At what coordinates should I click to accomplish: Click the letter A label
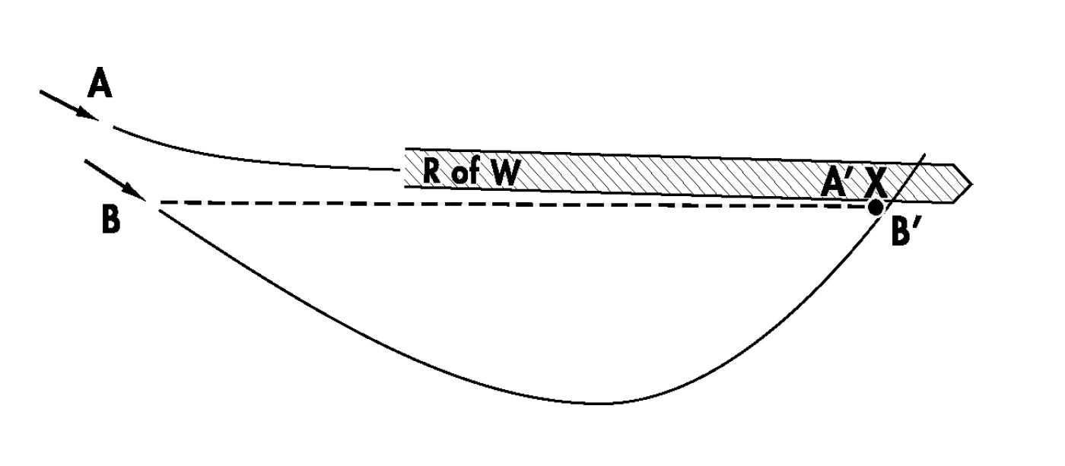tap(100, 84)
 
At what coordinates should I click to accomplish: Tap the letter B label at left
tap(110, 221)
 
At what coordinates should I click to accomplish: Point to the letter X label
tap(876, 183)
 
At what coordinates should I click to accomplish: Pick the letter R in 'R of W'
tap(432, 173)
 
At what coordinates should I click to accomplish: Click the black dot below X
tap(876, 206)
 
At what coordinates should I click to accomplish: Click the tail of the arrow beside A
tap(41, 92)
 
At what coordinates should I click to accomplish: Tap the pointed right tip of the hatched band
tap(971, 183)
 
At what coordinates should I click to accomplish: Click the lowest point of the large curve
tap(601, 404)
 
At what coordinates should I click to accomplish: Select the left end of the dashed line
tap(161, 203)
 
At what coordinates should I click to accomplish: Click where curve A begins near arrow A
tap(114, 128)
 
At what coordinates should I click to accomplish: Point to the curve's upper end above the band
tap(925, 154)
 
